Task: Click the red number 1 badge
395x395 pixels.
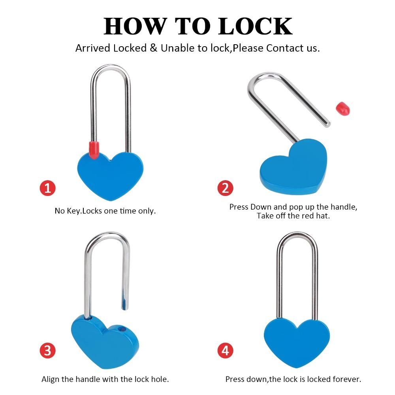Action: click(48, 188)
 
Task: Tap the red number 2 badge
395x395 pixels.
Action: click(226, 188)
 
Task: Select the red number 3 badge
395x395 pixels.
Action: click(48, 350)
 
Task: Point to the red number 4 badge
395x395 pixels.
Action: click(226, 350)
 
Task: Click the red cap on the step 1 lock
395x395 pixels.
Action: click(94, 150)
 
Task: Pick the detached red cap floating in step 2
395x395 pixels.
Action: click(343, 109)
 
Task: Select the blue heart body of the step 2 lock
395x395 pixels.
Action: click(293, 167)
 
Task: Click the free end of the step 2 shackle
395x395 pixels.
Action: click(327, 124)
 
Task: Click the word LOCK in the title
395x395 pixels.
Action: click(255, 26)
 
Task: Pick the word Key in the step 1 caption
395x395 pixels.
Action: click(74, 211)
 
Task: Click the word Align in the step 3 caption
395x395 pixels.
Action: click(51, 379)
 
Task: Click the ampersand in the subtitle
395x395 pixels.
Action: click(153, 48)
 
